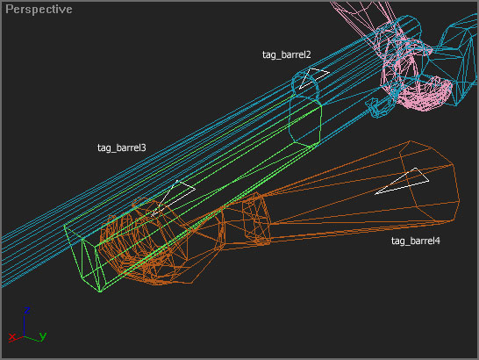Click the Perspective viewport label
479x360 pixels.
pos(39,10)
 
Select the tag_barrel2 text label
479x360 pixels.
pos(286,54)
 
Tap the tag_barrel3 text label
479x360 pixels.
pos(122,148)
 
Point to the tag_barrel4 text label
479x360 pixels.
pos(416,241)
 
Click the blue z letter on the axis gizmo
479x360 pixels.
pos(27,311)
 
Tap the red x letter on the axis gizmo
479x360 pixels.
pos(12,337)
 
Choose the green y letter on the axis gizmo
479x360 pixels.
pos(43,336)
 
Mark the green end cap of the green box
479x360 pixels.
pos(83,258)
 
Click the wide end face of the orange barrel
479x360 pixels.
pos(429,181)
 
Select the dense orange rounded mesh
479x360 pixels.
pos(147,245)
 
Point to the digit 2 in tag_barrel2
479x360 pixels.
pos(308,54)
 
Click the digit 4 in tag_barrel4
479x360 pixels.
pos(438,241)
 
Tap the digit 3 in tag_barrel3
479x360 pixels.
pos(143,148)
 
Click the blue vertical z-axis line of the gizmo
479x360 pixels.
pos(25,327)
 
